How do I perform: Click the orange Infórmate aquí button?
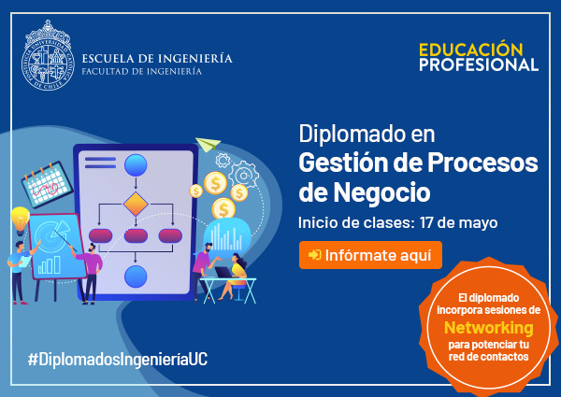[370, 255]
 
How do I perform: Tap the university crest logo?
[48, 55]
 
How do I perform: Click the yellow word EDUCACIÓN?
[471, 50]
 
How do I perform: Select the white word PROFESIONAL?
[479, 64]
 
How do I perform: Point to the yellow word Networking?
[488, 327]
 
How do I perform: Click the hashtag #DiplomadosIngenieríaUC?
[118, 359]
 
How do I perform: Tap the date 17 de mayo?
[459, 222]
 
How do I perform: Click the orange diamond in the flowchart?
[136, 204]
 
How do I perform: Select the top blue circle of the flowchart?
[136, 165]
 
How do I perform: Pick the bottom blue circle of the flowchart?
[136, 276]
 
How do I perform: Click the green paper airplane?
[208, 145]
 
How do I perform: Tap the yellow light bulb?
[20, 220]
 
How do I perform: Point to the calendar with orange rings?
[47, 184]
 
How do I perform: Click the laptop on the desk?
[224, 272]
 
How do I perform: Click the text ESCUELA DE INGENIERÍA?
[157, 58]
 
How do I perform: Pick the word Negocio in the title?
[381, 192]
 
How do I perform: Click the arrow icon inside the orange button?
[314, 255]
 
